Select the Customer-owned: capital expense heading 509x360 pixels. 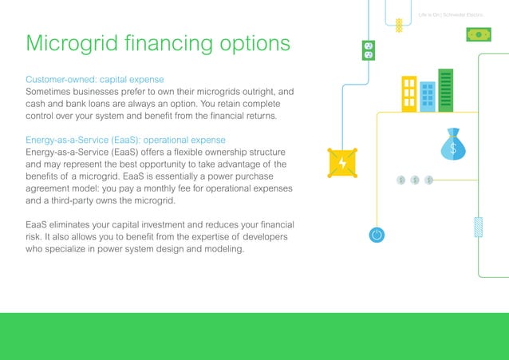[x=95, y=80]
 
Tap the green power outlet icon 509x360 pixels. [x=368, y=50]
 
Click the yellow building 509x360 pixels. [x=409, y=93]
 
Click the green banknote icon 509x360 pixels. [x=479, y=34]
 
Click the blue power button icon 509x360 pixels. [x=377, y=235]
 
